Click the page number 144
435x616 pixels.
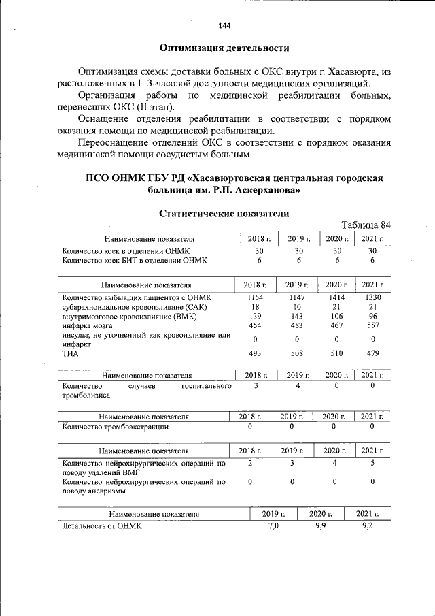pos(224,26)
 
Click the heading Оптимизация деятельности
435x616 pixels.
pos(224,48)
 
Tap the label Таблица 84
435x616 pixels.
pos(366,225)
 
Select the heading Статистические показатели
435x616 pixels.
pos(224,213)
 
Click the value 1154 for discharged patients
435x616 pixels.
pos(252,297)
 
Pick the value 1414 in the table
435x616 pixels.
pos(336,297)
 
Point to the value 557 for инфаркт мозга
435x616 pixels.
pos(372,325)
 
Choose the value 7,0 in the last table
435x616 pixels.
pos(273,526)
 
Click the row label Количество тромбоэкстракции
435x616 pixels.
pos(115,427)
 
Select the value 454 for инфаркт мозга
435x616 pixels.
pos(252,325)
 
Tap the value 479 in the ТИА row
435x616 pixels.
pos(372,353)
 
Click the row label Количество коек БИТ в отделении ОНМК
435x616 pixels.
pos(134,260)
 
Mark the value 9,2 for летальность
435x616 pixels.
pos(368,526)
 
